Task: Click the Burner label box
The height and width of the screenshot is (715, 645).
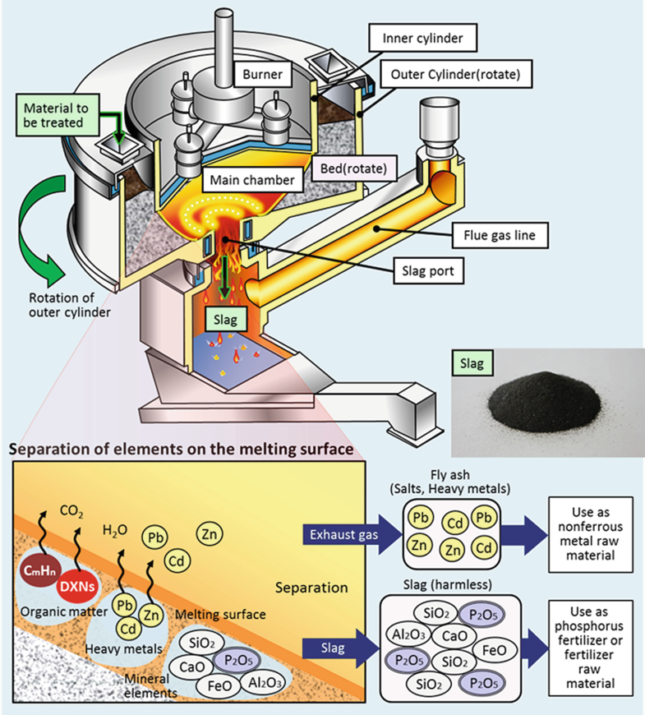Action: (x=263, y=75)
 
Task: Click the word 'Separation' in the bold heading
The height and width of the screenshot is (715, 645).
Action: (x=47, y=450)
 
